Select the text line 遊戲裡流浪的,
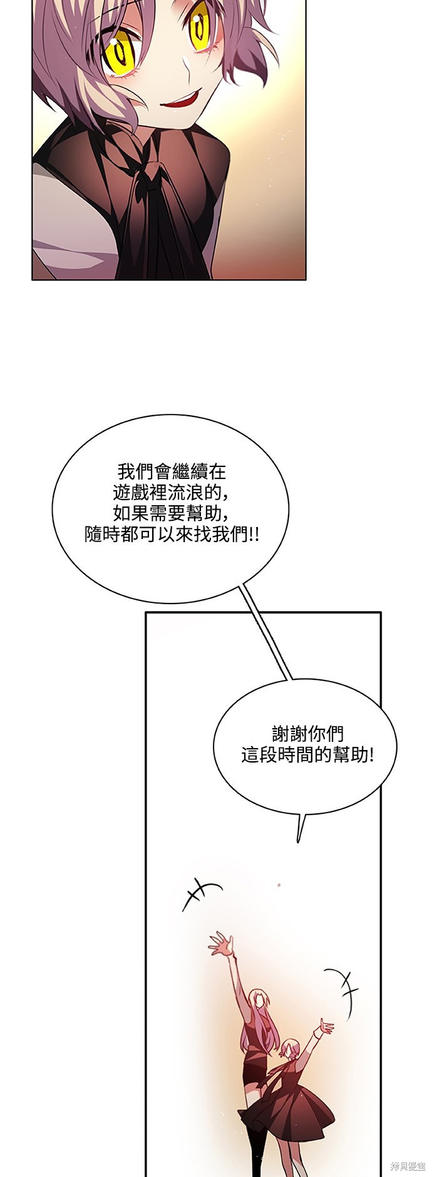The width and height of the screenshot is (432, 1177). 170,492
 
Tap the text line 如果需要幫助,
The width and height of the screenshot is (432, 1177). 170,513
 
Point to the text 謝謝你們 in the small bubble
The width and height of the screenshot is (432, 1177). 308,733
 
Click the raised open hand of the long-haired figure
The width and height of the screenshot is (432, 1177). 220,946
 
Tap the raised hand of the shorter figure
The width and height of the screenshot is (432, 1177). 326,1025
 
